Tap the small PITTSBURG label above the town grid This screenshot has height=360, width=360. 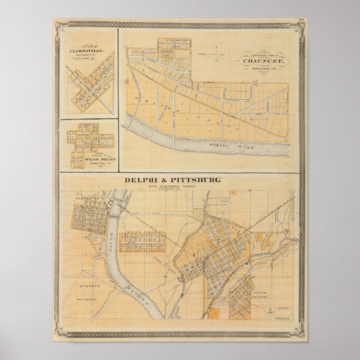(85, 198)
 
